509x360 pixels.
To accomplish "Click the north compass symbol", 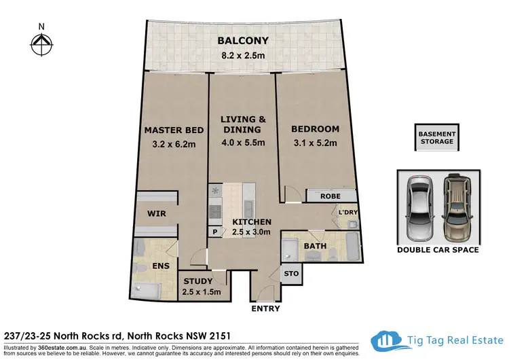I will [42, 45].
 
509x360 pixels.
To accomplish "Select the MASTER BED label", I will [170, 130].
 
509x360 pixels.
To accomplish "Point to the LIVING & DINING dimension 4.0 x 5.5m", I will [243, 144].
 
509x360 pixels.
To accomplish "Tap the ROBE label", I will [331, 196].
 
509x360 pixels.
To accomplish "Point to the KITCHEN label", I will [252, 222].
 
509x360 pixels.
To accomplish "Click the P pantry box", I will [215, 232].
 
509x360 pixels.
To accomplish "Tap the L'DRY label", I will [347, 213].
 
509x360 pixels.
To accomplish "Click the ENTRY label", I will [264, 308].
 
